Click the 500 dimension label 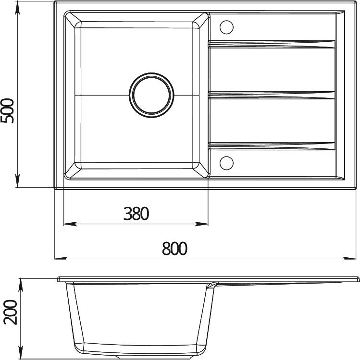7,111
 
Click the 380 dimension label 137,214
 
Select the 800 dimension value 174,249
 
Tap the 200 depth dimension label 11,312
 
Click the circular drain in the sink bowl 151,96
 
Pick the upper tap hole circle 226,27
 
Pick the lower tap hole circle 226,163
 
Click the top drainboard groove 272,44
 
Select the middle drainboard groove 272,95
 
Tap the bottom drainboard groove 272,146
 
